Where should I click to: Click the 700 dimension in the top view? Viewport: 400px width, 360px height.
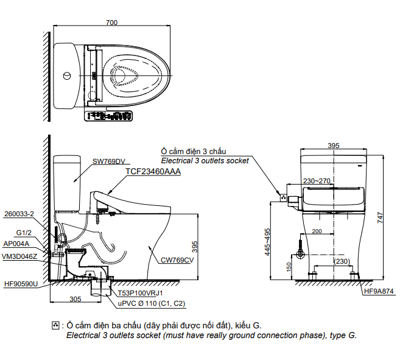tap(111, 23)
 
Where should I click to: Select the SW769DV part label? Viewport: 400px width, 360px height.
tap(108, 162)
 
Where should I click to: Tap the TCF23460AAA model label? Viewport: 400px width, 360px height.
tap(153, 172)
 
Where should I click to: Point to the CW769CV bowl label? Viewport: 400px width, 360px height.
tap(177, 260)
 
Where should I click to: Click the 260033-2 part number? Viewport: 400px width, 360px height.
tap(19, 214)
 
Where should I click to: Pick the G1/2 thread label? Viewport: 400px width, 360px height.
tap(24, 233)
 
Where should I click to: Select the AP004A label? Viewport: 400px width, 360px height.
tap(16, 244)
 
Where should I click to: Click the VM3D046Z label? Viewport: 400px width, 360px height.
tap(20, 256)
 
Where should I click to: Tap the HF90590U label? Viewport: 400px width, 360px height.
tap(21, 284)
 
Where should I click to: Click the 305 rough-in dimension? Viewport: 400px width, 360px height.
tap(75, 299)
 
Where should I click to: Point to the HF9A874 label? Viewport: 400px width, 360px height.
tap(379, 291)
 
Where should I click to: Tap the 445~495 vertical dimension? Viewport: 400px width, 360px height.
tap(267, 242)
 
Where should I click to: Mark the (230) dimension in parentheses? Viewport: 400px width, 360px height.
tap(342, 261)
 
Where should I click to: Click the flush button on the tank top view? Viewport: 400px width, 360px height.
tap(66, 76)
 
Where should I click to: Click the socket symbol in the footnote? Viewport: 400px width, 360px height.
tap(57, 325)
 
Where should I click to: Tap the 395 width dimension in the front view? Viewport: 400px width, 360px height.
tap(333, 146)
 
